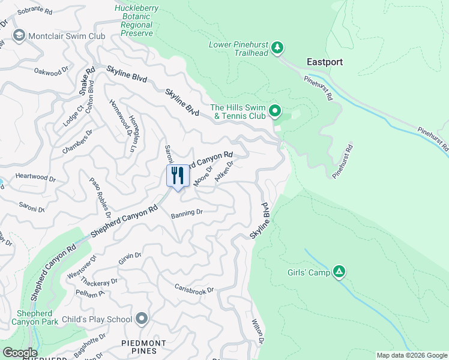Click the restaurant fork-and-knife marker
[177, 176]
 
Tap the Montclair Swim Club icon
[19, 36]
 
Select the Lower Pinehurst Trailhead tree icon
[277, 47]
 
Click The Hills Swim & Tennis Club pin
[275, 110]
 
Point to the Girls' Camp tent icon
[339, 272]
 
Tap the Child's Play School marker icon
[142, 318]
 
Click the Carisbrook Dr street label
[194, 289]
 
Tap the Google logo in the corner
[20, 352]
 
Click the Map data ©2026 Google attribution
[411, 355]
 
